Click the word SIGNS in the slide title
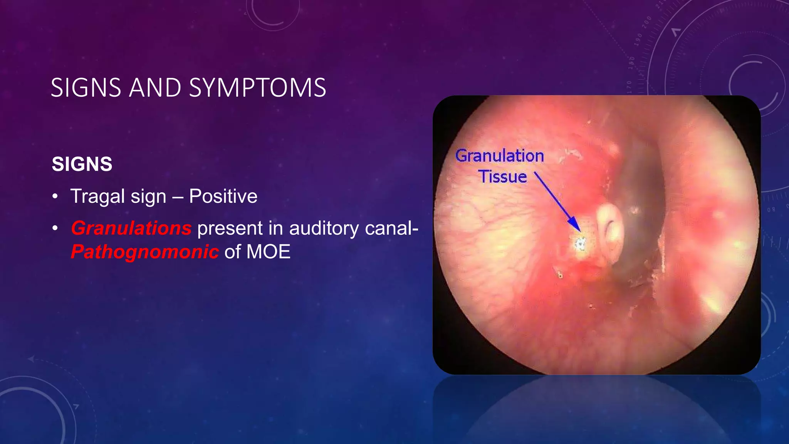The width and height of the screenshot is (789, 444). coord(86,88)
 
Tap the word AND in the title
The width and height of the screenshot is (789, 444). coord(155,88)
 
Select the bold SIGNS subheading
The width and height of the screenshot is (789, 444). coord(82,164)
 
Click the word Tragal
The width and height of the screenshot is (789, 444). coord(98,197)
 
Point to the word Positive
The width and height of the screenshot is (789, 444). coord(223,196)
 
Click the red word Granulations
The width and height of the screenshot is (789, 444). coord(131,228)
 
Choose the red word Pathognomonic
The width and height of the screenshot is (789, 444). coord(145,252)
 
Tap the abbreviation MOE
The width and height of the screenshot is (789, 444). coord(268,252)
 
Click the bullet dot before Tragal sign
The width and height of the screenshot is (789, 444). coord(55,197)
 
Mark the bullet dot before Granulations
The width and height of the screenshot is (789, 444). coord(55,228)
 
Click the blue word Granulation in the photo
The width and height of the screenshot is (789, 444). coord(500,156)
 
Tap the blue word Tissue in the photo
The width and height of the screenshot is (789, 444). coord(503,177)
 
